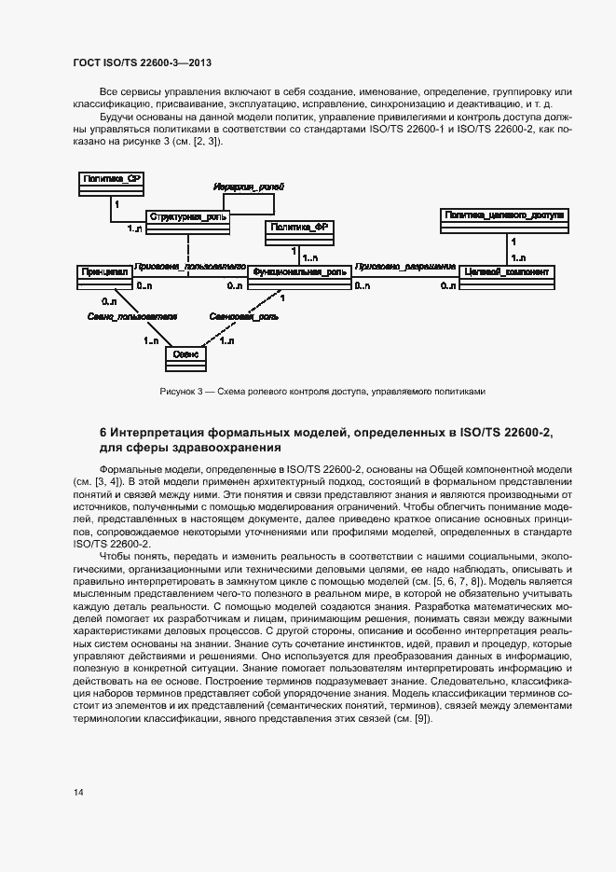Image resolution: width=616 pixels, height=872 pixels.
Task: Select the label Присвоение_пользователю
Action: (189, 265)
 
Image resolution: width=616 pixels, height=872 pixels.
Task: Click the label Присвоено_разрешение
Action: (404, 265)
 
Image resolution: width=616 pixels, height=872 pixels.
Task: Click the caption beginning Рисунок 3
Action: (323, 392)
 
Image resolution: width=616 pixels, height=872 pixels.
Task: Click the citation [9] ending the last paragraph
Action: (422, 723)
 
